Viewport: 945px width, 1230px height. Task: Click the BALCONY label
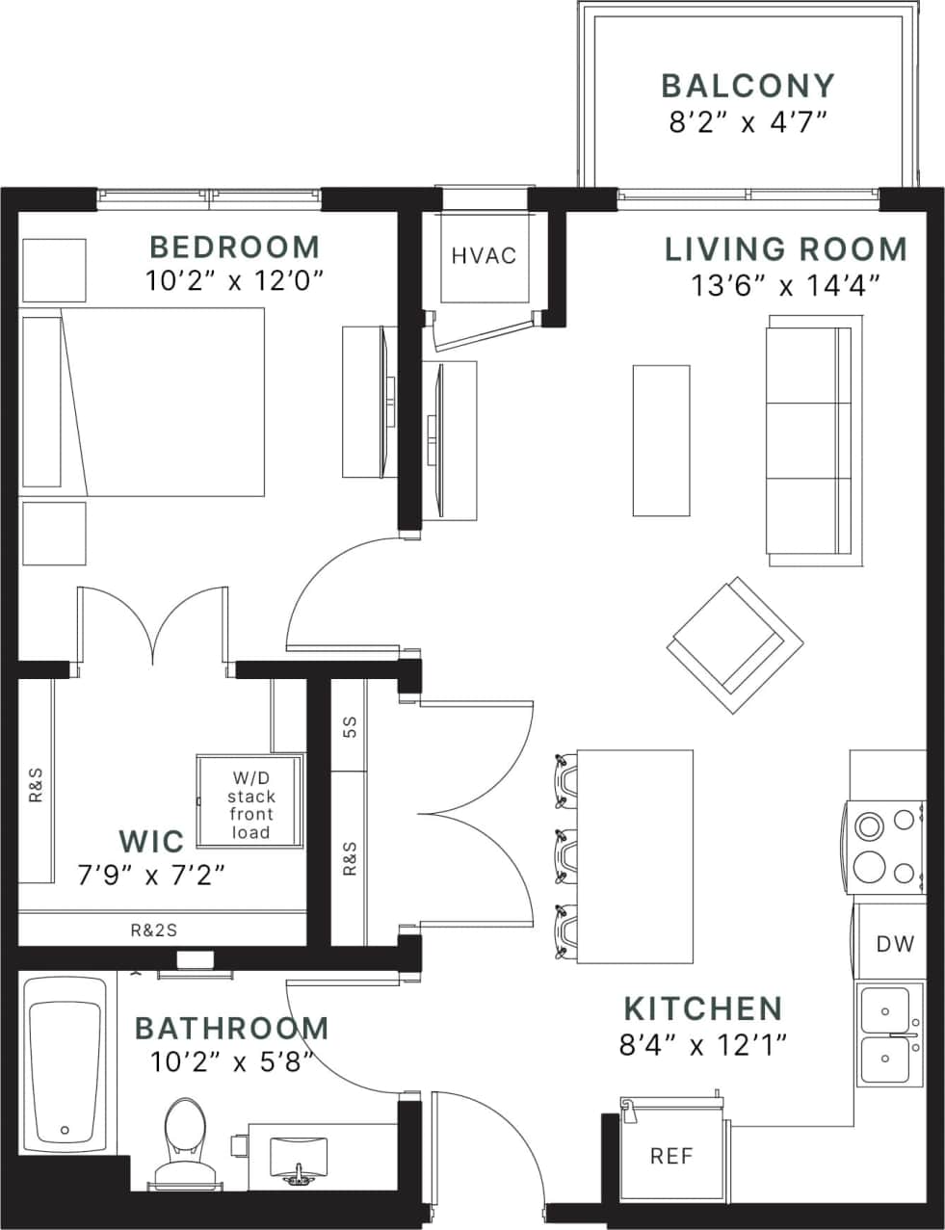tap(748, 85)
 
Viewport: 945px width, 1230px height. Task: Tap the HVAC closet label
tap(484, 255)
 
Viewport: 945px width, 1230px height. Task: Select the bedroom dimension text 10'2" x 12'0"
tap(235, 280)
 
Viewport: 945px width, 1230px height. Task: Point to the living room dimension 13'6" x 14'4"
tap(786, 285)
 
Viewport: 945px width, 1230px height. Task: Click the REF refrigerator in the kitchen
tap(671, 1155)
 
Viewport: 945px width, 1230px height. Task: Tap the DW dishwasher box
tap(895, 944)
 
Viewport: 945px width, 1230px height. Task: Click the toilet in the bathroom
tap(181, 1137)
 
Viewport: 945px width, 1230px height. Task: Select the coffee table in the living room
tap(661, 440)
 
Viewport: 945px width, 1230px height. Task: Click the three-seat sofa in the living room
tap(808, 440)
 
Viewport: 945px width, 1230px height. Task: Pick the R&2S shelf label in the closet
tap(154, 930)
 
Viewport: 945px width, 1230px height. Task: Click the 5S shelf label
tap(350, 726)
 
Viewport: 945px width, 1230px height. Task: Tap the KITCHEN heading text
tap(703, 1008)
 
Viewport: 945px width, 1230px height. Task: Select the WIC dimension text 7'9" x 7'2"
tap(151, 875)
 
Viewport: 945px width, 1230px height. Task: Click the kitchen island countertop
tap(636, 855)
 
